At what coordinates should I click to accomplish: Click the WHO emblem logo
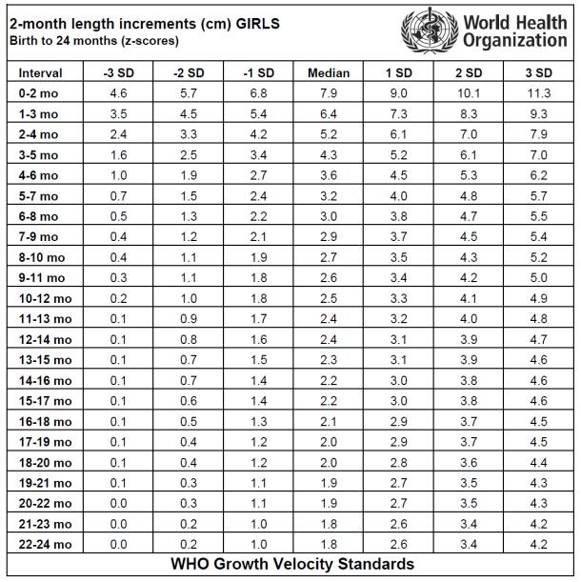(430, 30)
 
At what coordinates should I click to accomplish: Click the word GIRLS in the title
(258, 24)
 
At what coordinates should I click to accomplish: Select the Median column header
(329, 73)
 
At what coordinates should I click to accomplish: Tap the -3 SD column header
(118, 73)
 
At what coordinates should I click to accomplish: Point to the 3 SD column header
(539, 73)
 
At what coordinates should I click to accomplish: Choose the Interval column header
(40, 73)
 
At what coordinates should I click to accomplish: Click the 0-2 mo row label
(39, 93)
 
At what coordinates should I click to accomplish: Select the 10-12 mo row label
(46, 298)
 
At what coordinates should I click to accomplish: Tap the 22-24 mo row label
(46, 544)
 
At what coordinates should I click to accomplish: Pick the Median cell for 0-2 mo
(329, 93)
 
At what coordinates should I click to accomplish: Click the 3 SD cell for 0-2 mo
(539, 93)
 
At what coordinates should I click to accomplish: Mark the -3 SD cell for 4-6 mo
(118, 175)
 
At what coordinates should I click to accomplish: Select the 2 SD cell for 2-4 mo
(469, 134)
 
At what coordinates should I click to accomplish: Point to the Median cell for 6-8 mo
(329, 216)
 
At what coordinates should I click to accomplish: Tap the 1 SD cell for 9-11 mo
(398, 277)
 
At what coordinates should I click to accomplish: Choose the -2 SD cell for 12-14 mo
(189, 339)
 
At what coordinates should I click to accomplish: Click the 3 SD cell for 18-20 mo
(539, 463)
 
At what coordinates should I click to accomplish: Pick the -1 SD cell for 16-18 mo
(258, 421)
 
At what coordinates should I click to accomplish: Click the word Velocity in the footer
(304, 564)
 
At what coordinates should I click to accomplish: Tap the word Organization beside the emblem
(515, 40)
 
